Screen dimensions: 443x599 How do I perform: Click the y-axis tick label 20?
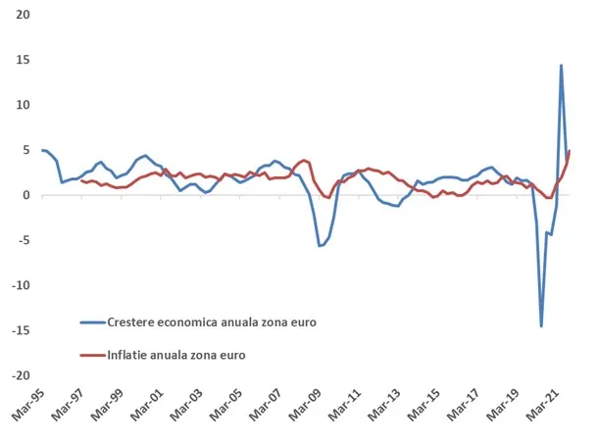(x=22, y=15)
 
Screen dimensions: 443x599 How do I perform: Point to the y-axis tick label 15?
(x=22, y=60)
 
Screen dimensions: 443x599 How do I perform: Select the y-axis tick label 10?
(x=22, y=105)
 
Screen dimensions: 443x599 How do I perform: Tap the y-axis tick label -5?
(x=22, y=240)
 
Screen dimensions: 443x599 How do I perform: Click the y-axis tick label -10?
(x=19, y=285)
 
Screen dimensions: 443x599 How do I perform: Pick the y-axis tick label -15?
(x=19, y=330)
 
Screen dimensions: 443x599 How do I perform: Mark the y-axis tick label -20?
(x=19, y=375)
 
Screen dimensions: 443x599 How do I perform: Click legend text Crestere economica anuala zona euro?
(x=213, y=321)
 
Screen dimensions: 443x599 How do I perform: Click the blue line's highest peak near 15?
(x=561, y=66)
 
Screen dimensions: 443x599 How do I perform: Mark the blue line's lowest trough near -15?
(x=541, y=325)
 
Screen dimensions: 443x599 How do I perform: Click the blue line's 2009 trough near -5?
(x=320, y=245)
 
